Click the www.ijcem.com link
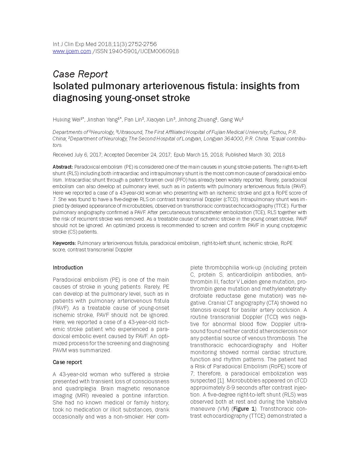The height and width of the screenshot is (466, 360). click(x=72, y=51)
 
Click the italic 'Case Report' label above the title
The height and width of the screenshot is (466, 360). click(x=80, y=74)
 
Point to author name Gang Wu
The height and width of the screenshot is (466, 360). click(x=231, y=120)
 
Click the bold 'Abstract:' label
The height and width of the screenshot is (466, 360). click(x=63, y=167)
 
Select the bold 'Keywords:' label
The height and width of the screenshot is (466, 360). click(x=64, y=243)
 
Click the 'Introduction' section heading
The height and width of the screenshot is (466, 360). click(x=68, y=267)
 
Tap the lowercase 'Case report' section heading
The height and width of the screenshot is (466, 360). click(x=67, y=362)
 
